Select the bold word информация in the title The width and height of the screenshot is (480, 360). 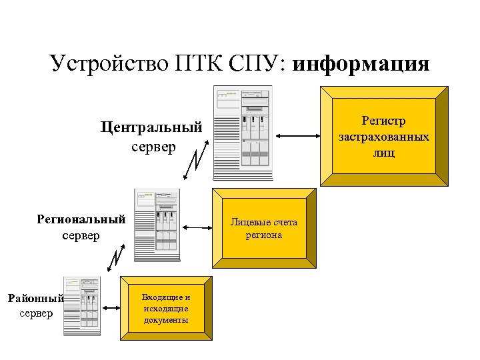(x=361, y=64)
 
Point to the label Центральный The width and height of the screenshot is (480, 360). (x=151, y=127)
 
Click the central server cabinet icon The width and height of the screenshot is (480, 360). (x=243, y=133)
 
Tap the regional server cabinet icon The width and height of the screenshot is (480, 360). (x=157, y=225)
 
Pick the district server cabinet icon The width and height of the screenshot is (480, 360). (x=81, y=305)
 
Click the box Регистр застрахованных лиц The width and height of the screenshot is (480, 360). (x=383, y=137)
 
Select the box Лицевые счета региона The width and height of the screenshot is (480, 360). (x=264, y=228)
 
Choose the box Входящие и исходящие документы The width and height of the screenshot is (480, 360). (x=165, y=309)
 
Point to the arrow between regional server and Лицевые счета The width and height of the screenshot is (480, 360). (x=196, y=228)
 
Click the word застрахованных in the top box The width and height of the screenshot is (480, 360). (x=383, y=137)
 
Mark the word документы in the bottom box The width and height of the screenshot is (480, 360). (x=165, y=319)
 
